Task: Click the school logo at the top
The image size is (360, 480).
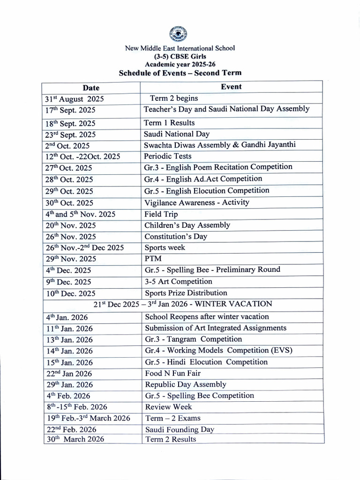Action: click(180, 34)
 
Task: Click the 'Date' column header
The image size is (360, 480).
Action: click(91, 88)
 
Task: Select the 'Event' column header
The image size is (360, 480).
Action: click(231, 87)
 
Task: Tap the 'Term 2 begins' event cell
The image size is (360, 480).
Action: click(173, 98)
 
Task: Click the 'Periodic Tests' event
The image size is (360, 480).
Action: click(168, 156)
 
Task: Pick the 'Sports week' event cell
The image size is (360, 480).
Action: click(165, 247)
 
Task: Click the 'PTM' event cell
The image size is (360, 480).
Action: click(152, 259)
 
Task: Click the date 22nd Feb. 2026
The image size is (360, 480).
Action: click(71, 429)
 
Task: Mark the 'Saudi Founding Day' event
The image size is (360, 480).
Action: click(180, 429)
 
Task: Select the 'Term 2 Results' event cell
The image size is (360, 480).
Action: click(171, 439)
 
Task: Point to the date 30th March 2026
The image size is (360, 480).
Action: click(75, 439)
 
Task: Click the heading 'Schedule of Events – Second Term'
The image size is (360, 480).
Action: click(180, 73)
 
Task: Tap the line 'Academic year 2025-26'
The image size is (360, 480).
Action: click(180, 65)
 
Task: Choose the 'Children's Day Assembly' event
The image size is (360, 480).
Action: click(187, 225)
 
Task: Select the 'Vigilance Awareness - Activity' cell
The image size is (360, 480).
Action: click(196, 202)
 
